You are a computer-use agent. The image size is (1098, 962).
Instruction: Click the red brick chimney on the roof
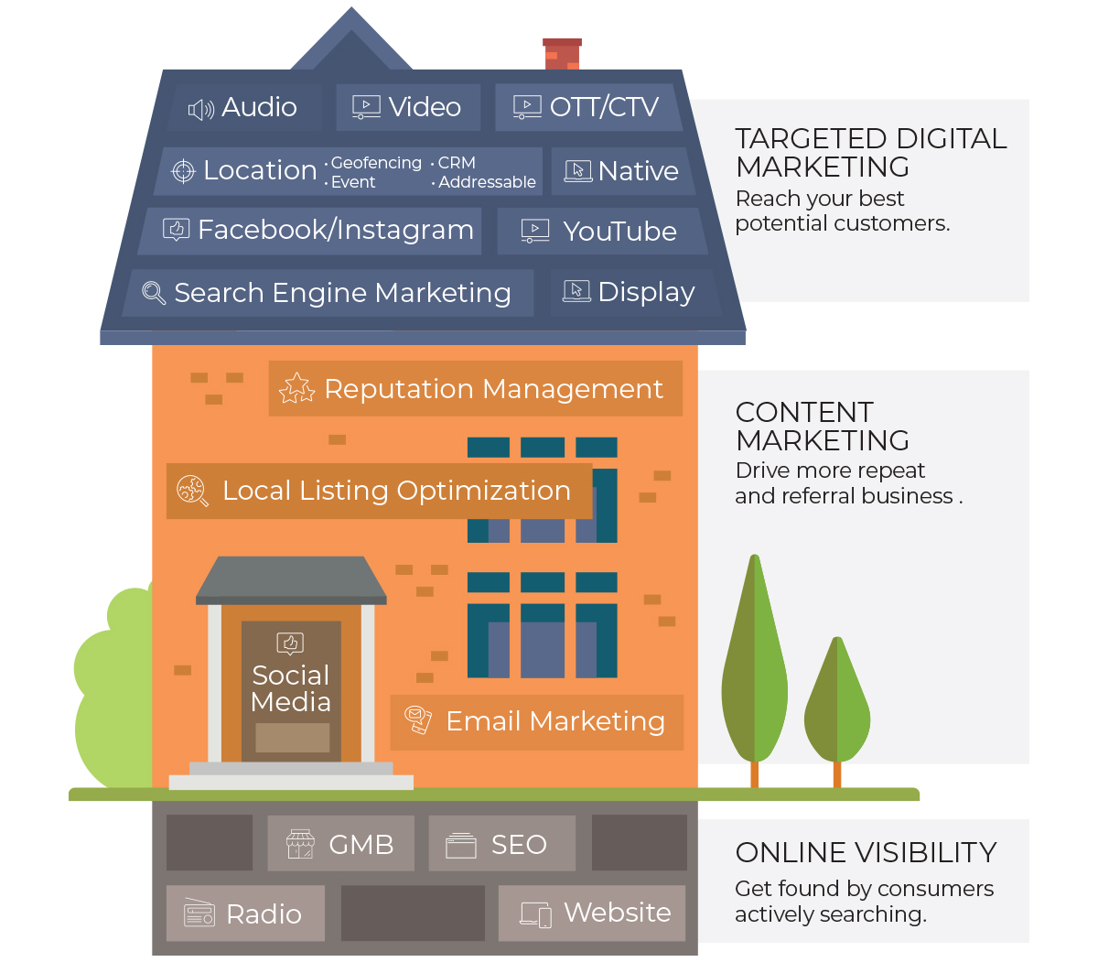(562, 54)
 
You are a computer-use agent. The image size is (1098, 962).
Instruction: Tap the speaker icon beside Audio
(200, 110)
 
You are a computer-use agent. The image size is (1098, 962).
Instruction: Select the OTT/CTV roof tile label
(604, 107)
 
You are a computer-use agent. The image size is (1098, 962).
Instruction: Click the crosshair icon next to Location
(183, 171)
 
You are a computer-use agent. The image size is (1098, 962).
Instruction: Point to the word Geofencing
(376, 162)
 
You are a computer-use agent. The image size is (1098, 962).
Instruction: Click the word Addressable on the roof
(487, 182)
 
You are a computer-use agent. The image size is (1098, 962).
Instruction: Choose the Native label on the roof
(638, 171)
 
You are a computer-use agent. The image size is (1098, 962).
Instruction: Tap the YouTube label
(619, 232)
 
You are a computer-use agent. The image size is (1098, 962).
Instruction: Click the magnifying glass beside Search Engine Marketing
(154, 293)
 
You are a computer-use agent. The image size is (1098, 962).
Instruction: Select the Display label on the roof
(646, 293)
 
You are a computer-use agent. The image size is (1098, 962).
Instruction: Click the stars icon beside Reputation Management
(296, 388)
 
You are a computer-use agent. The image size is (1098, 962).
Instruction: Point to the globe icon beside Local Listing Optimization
(192, 491)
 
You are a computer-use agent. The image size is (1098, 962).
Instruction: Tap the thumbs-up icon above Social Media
(290, 643)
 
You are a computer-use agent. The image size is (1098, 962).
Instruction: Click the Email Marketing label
(555, 721)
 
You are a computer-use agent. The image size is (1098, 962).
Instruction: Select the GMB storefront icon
(300, 844)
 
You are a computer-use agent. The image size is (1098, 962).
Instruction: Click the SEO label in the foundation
(519, 845)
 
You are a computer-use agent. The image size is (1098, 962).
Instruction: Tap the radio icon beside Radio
(199, 913)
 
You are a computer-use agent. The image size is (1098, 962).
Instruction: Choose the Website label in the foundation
(618, 912)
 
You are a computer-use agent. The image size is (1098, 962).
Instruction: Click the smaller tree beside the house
(836, 708)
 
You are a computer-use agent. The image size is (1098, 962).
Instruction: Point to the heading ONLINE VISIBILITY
(866, 852)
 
